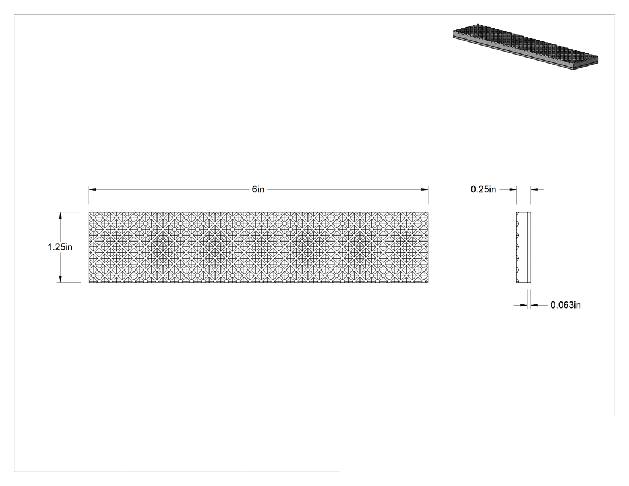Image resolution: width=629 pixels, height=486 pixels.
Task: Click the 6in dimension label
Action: click(258, 189)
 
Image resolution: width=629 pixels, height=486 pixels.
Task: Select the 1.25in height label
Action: click(60, 247)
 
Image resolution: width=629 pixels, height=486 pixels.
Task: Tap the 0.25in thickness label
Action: click(483, 189)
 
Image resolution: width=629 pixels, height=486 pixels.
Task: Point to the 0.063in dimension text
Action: click(566, 305)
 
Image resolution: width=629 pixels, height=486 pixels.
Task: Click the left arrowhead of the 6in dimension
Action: click(92, 189)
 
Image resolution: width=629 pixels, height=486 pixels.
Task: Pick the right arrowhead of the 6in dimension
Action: click(424, 189)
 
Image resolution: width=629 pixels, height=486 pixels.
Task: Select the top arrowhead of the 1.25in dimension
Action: click(60, 216)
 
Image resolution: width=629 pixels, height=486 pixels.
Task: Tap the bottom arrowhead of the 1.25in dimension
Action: click(60, 279)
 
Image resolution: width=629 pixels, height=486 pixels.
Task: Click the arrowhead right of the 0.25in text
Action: click(513, 189)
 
